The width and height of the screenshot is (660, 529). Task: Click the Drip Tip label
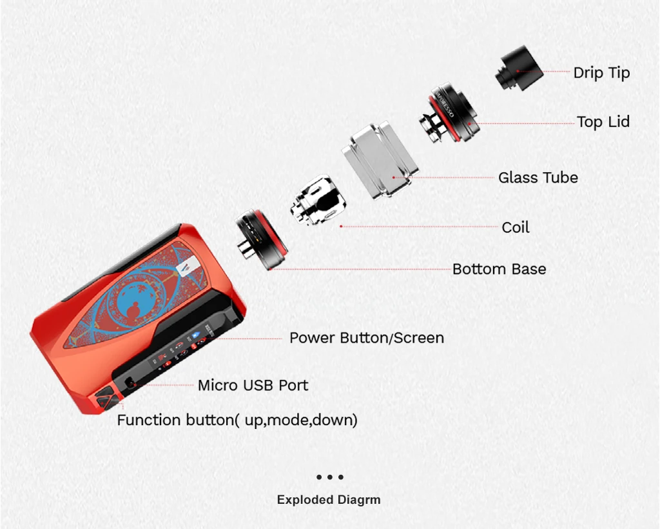click(601, 73)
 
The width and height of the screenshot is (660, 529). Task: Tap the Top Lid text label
click(603, 122)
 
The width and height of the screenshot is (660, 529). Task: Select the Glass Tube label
click(538, 177)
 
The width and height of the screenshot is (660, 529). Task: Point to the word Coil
click(516, 228)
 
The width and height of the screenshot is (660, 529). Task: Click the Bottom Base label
click(499, 269)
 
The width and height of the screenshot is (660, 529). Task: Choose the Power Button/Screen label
click(366, 338)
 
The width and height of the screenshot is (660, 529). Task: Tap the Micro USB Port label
click(253, 386)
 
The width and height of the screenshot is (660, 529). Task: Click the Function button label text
click(237, 421)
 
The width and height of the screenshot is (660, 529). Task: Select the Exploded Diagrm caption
click(329, 500)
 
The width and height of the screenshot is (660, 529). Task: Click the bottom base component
click(261, 239)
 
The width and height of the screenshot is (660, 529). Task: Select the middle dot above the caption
click(329, 477)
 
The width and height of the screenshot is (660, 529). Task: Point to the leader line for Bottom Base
click(361, 269)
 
